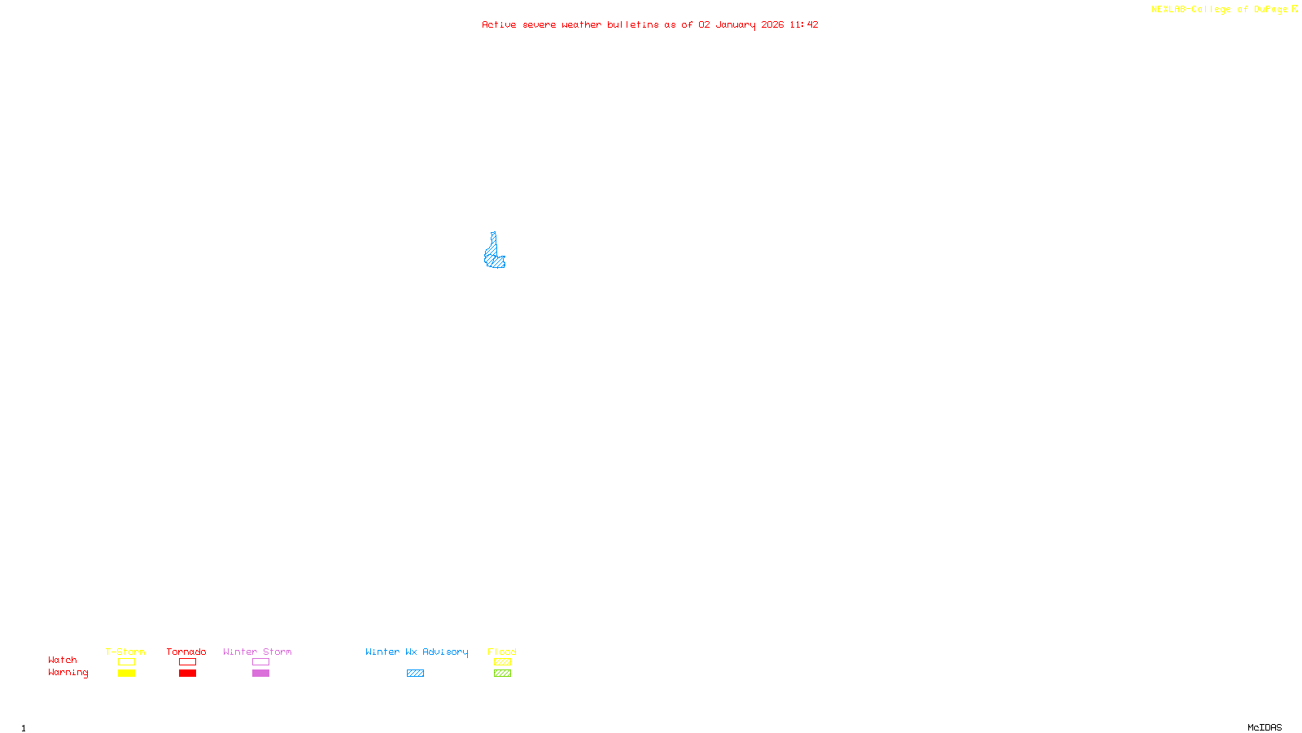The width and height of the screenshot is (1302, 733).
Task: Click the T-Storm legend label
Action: tap(125, 652)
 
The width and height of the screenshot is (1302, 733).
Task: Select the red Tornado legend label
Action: tap(186, 652)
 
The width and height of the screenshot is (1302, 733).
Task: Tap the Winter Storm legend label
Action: tap(257, 652)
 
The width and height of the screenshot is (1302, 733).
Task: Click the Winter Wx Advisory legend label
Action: tap(417, 652)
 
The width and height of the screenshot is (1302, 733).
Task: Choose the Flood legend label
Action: tap(502, 652)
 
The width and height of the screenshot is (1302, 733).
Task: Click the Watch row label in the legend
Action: tap(63, 660)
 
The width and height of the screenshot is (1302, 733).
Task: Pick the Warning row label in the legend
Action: tap(68, 673)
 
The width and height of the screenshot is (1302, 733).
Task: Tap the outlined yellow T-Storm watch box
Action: tap(126, 662)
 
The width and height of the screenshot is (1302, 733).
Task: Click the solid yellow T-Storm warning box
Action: tap(126, 674)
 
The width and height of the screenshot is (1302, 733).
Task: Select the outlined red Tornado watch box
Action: tap(187, 662)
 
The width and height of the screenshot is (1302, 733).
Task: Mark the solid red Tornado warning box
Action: tap(187, 674)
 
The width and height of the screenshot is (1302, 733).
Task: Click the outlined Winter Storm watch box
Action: tap(260, 662)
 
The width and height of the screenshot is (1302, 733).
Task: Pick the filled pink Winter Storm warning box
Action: tap(260, 674)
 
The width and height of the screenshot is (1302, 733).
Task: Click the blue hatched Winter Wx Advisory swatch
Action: tap(415, 674)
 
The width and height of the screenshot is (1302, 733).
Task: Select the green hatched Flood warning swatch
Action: tap(502, 674)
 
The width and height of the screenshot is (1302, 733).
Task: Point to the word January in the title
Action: tap(735, 24)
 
